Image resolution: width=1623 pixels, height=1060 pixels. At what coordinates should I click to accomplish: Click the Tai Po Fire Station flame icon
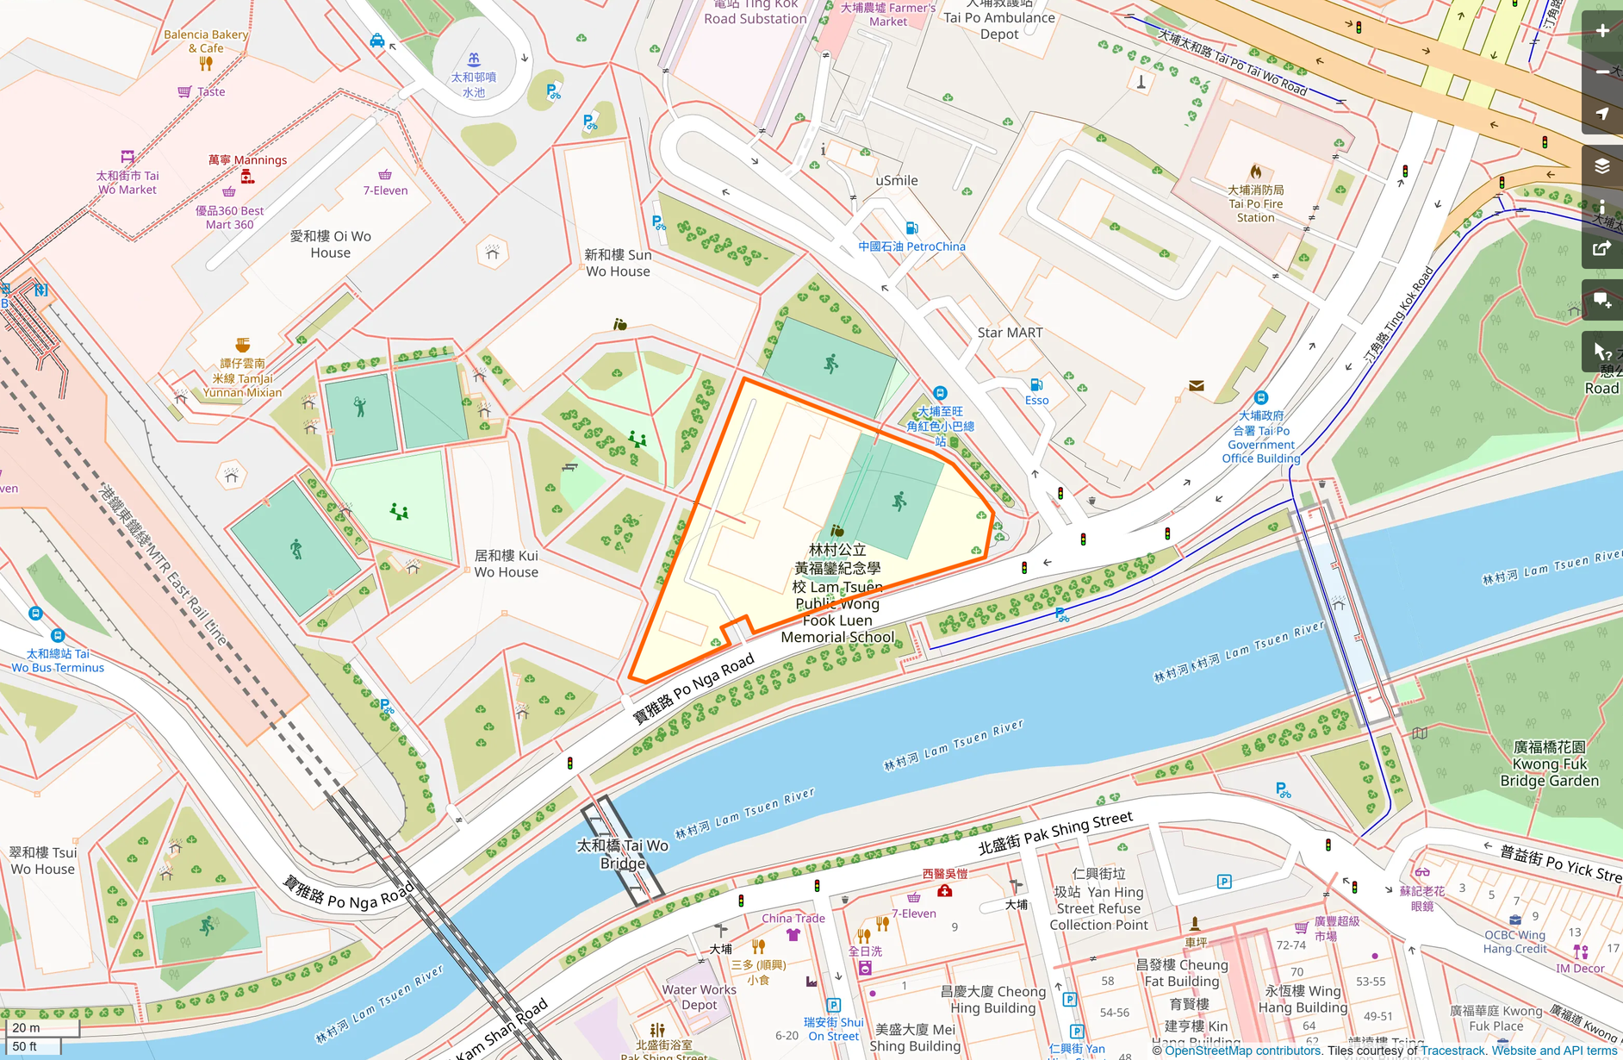point(1256,171)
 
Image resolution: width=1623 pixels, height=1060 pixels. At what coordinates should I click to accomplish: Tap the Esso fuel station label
point(1037,401)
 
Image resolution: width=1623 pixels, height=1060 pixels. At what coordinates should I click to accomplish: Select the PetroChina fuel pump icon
point(911,228)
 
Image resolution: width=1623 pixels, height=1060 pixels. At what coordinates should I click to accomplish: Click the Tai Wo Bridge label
point(623,854)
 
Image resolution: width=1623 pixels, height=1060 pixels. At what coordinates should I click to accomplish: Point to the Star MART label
point(1010,333)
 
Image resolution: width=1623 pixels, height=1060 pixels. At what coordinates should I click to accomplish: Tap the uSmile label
point(896,181)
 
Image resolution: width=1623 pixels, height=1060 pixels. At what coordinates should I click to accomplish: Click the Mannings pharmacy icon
point(248,177)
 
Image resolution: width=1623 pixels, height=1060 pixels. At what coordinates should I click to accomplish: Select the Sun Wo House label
point(618,263)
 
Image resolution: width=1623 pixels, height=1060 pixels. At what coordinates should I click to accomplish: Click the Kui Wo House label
point(507,564)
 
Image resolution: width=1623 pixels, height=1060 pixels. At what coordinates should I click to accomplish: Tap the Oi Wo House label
point(331,244)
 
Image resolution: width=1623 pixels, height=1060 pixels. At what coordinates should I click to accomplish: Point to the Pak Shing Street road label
point(1055,832)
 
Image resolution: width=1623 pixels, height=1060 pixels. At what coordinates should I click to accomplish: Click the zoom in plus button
point(1602,31)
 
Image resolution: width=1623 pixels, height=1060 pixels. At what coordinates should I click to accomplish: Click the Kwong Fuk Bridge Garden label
point(1549,764)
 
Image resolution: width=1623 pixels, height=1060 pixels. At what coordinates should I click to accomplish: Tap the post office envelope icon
point(1197,386)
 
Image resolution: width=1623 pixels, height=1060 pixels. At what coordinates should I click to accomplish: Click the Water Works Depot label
point(699,997)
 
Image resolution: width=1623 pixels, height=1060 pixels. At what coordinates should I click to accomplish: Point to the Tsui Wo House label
point(43,860)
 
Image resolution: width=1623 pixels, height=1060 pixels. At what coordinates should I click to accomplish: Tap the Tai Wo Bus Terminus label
point(58,660)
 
